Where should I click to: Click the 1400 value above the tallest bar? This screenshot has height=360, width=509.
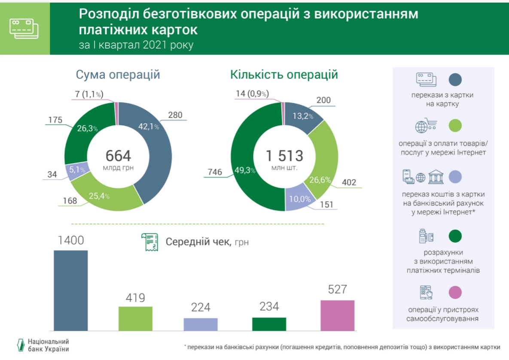[x=70, y=241]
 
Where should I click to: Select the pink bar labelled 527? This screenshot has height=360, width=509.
[x=337, y=315]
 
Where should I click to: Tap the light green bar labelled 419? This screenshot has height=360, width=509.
[x=135, y=318]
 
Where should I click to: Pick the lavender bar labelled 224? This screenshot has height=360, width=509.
[x=201, y=324]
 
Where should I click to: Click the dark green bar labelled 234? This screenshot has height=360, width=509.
[x=269, y=324]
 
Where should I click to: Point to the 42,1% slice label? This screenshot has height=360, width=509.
[x=149, y=127]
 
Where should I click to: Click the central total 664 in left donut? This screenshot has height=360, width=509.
[x=118, y=156]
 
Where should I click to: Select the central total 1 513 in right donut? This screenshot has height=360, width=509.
[x=284, y=156]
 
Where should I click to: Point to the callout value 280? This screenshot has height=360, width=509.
[x=175, y=115]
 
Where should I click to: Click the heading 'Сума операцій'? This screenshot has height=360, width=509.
[x=118, y=75]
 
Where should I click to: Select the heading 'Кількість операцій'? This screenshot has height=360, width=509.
[x=284, y=75]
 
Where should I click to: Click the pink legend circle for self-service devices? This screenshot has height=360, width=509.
[x=455, y=293]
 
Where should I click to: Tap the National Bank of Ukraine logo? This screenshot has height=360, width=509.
[x=19, y=345]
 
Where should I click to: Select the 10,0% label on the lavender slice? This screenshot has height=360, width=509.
[x=296, y=199]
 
